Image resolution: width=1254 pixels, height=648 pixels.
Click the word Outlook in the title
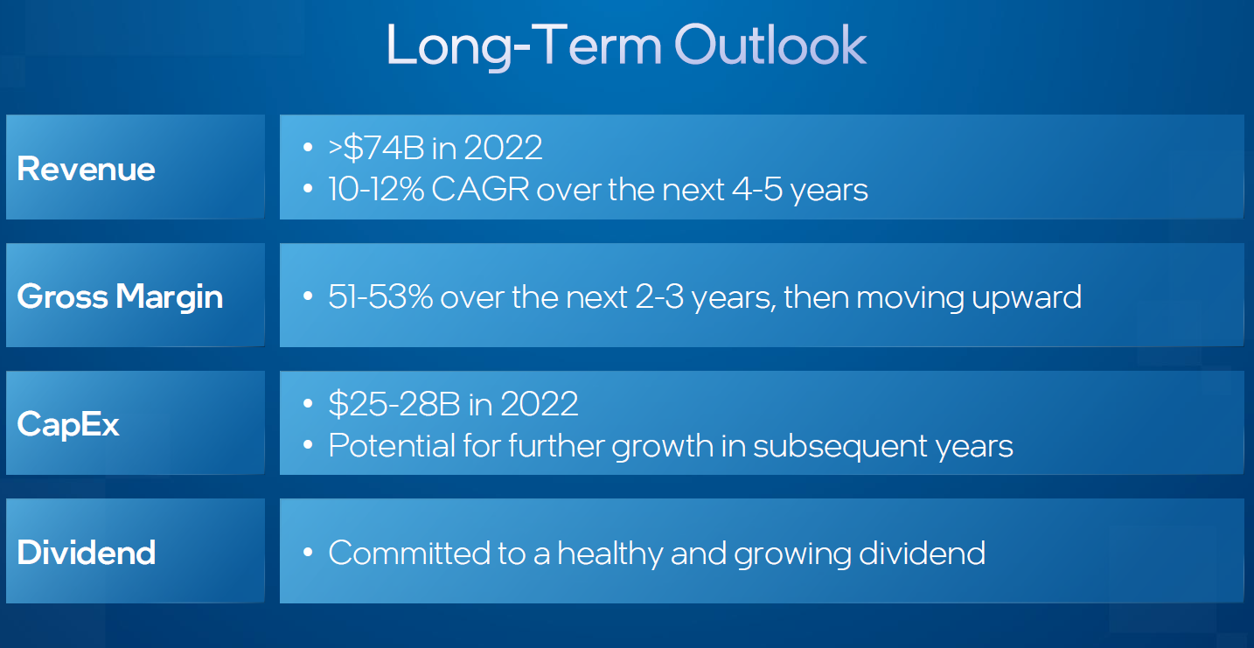770,45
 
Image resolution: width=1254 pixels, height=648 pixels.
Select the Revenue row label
86,169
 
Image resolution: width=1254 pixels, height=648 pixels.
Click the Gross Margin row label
120,296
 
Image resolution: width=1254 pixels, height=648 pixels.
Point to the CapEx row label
67,424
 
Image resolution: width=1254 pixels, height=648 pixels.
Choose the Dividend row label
87,552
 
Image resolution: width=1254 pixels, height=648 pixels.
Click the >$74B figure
376,147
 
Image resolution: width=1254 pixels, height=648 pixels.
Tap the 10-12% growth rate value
376,189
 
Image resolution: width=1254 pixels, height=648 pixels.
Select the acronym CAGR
480,189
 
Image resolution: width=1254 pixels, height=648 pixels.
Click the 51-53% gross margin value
380,296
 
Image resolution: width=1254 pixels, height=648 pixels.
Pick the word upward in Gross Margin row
1026,298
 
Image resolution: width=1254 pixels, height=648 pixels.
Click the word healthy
610,554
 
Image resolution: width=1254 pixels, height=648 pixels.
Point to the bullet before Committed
307,552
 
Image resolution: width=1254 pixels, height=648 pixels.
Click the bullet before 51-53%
307,296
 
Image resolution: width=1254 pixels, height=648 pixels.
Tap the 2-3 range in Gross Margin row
659,296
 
